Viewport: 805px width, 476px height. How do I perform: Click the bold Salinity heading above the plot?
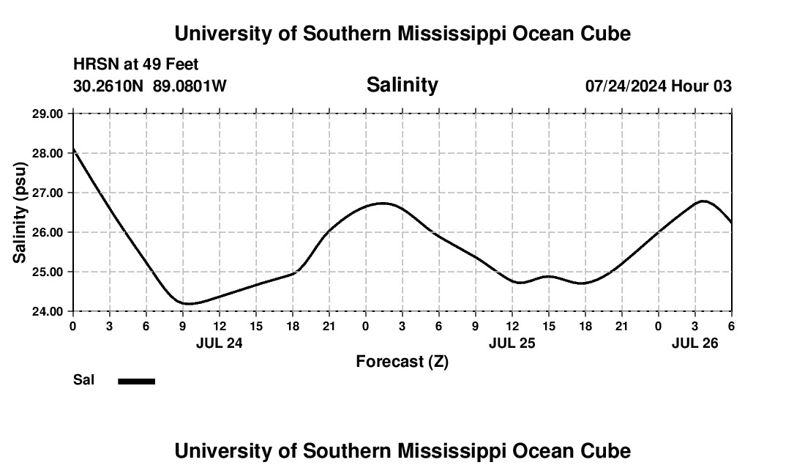(402, 85)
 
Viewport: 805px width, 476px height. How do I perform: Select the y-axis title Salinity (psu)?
(20, 212)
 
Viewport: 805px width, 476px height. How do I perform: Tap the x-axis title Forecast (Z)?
(402, 361)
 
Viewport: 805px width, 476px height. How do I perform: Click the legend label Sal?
(83, 380)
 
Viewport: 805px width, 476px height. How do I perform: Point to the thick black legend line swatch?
(137, 381)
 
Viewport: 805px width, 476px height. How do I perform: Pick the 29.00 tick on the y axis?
(48, 114)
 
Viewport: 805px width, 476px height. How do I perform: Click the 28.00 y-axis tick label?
(48, 153)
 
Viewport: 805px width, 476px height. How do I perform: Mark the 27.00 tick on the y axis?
(48, 193)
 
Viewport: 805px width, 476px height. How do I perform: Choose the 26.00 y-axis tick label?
(48, 232)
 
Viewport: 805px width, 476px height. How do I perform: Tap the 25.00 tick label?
(48, 272)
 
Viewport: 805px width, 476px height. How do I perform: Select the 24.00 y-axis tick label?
(48, 311)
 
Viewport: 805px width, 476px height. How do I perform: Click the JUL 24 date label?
(219, 343)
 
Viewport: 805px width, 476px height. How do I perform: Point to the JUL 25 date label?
(512, 343)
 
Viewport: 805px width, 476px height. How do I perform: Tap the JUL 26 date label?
(694, 343)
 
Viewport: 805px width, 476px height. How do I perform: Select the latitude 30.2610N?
(110, 86)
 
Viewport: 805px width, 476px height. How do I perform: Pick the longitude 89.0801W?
(190, 86)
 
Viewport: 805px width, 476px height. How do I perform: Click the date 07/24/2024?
(626, 86)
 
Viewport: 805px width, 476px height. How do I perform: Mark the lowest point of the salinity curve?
(188, 303)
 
